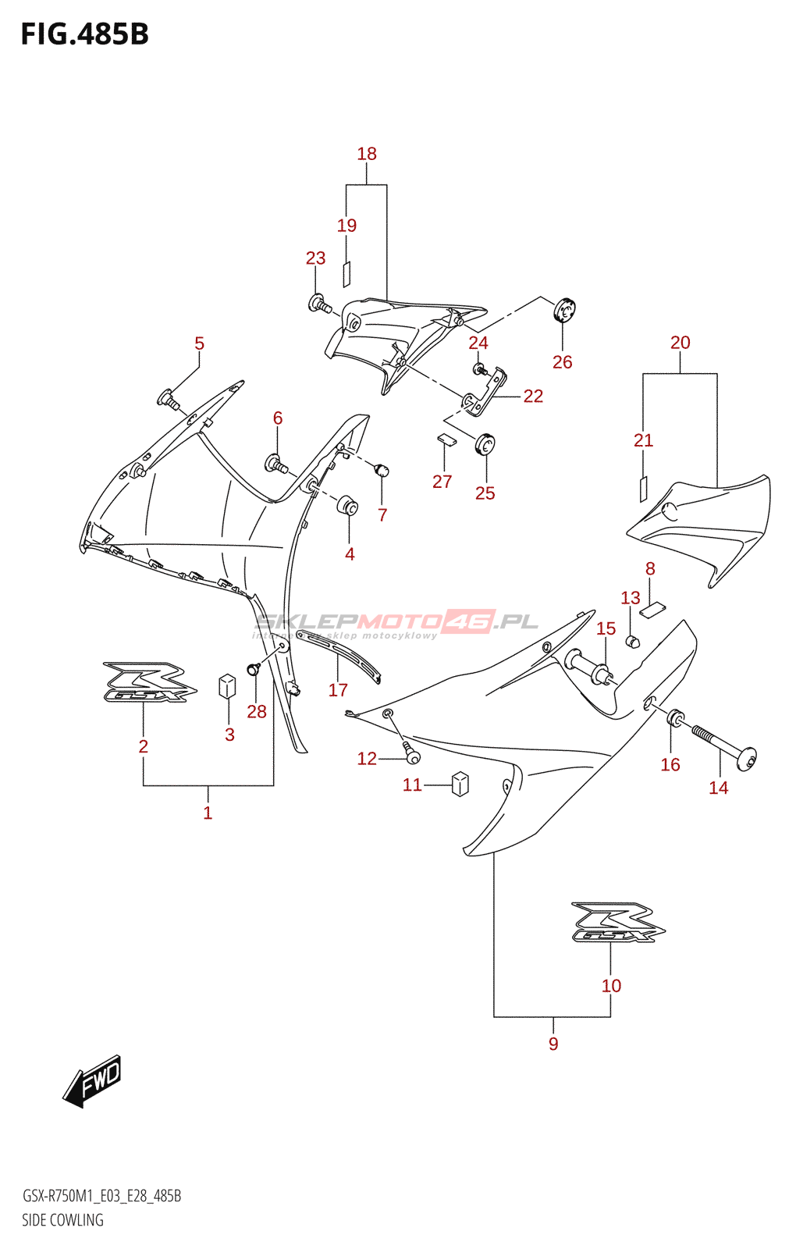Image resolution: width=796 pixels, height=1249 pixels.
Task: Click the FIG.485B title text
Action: pos(84,34)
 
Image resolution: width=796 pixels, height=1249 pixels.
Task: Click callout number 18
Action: pos(367,154)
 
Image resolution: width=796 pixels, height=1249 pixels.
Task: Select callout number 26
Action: pos(562,362)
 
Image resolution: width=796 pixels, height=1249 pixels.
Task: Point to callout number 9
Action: pos(553,1044)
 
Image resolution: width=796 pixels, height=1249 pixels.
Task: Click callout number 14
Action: pos(718,788)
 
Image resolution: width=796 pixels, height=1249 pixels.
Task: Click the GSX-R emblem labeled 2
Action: pos(145,683)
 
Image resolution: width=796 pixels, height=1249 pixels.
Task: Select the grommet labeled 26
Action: pos(564,310)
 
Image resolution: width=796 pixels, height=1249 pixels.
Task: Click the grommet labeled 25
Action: pos(485,444)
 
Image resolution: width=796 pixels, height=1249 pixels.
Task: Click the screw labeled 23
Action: pos(319,304)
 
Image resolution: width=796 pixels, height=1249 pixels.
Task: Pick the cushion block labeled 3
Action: pos(228,685)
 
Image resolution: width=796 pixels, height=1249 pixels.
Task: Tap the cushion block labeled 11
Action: pos(460,784)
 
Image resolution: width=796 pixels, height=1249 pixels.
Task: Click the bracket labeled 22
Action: pos(487,394)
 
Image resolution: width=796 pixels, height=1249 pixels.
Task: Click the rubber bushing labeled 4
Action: pos(348,505)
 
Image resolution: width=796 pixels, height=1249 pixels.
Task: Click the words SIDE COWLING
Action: pos(62,1220)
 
